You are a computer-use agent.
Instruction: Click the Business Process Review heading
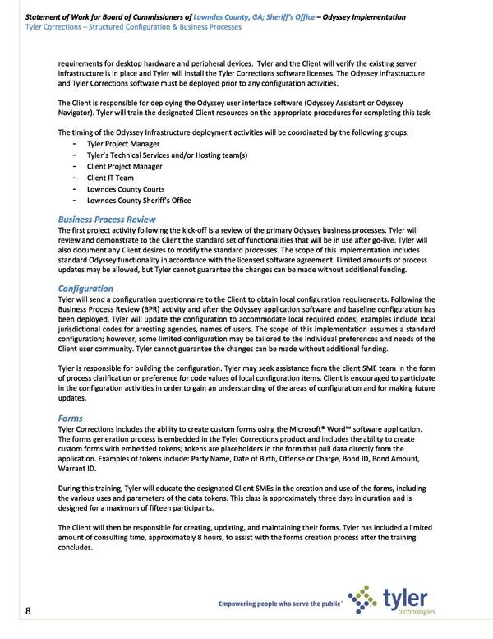(107, 220)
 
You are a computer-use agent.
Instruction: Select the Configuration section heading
(85, 289)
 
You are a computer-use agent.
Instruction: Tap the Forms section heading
(71, 419)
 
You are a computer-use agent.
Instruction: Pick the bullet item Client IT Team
(110, 177)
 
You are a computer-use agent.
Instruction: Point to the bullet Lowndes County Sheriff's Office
(139, 200)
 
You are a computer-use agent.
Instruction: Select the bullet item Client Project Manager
(124, 165)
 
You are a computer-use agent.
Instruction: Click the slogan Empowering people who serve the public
(280, 604)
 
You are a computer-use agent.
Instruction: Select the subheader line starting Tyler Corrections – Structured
(133, 27)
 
